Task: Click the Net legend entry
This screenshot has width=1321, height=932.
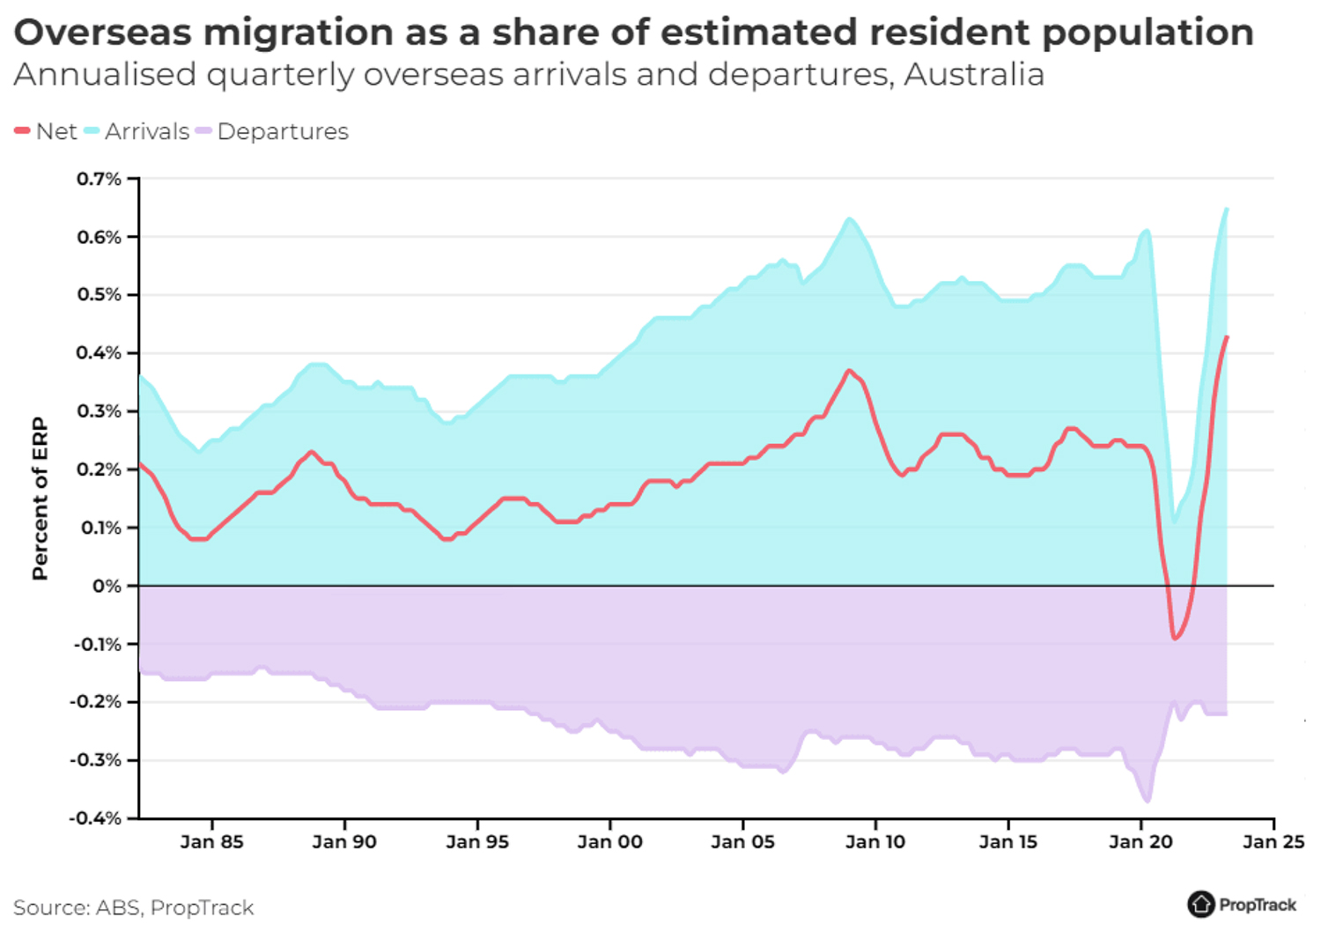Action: click(56, 131)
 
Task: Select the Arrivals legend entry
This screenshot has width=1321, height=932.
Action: click(146, 131)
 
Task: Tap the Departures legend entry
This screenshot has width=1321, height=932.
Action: click(282, 131)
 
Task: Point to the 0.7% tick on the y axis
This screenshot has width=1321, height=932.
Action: click(99, 179)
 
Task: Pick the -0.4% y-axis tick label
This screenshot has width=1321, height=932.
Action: click(97, 818)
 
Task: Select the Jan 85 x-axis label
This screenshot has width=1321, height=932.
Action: click(211, 842)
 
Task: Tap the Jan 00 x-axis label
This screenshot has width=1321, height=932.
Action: click(609, 842)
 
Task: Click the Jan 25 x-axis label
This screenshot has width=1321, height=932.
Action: click(1273, 842)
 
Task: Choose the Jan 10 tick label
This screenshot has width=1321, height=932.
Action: click(875, 842)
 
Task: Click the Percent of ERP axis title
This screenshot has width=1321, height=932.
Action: click(40, 499)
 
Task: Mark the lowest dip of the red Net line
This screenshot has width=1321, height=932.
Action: click(1175, 639)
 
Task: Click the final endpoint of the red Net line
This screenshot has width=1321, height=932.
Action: click(1227, 337)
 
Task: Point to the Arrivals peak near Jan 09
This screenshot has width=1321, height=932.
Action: click(849, 218)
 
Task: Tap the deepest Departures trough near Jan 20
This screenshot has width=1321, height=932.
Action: click(1148, 801)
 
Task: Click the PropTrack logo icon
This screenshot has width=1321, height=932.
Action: click(1200, 904)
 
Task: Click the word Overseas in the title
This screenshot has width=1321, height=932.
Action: click(102, 33)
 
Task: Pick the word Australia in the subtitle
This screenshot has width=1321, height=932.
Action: click(974, 75)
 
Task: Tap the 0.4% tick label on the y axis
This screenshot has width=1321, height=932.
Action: click(99, 353)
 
